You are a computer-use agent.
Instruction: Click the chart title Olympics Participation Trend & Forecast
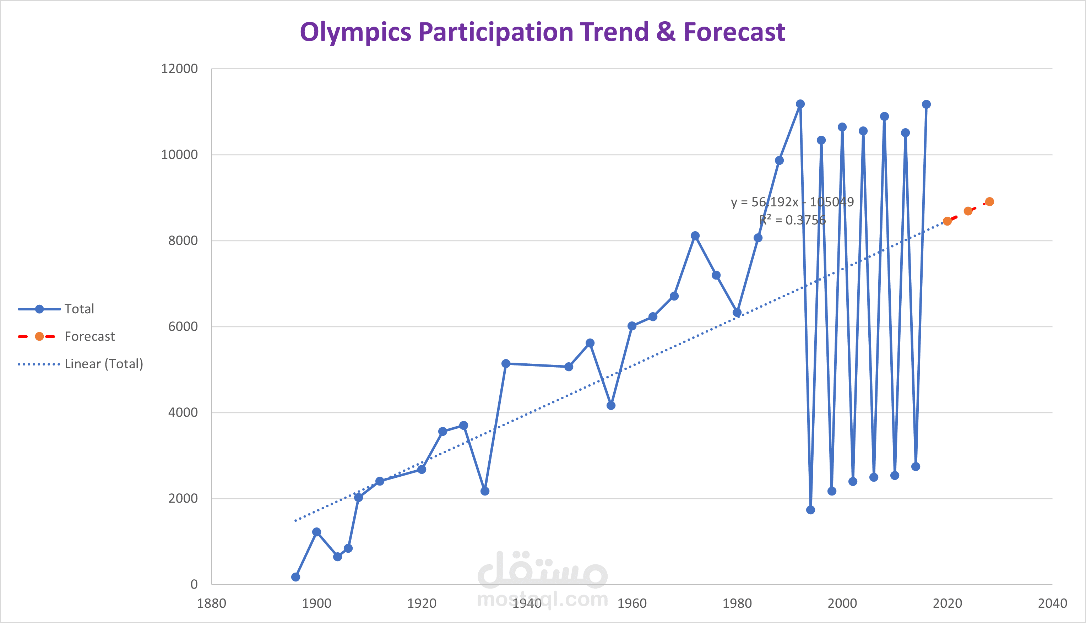542,32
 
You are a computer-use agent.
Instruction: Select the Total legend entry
79,309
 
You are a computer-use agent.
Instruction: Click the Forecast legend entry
89,337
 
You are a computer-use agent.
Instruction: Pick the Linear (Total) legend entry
103,364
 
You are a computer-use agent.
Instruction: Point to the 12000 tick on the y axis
179,69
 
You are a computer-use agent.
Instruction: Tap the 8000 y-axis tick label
183,240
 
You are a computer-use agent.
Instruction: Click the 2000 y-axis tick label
183,498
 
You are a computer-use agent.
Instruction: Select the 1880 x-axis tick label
211,603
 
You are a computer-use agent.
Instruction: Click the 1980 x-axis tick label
737,603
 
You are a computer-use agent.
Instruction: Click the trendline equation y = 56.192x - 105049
792,202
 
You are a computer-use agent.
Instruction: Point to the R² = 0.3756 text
792,220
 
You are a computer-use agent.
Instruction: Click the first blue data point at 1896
295,577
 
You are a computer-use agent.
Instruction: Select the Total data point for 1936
506,364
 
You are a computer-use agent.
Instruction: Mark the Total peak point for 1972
695,236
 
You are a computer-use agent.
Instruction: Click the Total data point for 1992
800,104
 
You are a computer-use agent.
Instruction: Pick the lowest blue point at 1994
810,510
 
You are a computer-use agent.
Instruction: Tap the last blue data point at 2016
927,104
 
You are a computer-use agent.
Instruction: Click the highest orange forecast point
989,201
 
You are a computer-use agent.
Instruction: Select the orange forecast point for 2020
947,221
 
